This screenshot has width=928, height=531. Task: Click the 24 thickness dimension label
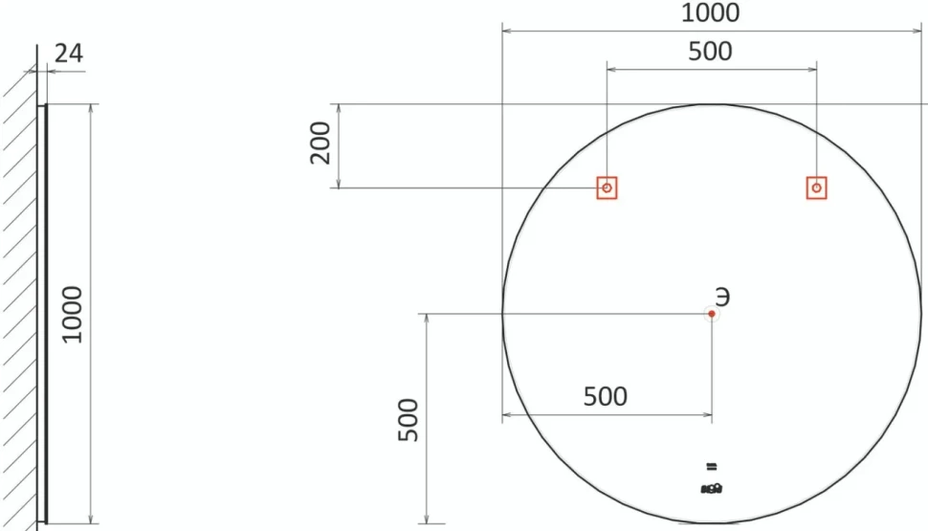[x=69, y=54]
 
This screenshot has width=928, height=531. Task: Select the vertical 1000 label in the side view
[x=72, y=315]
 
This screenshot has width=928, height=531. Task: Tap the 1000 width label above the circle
[x=710, y=12]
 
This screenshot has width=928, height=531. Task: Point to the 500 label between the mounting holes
[x=710, y=52]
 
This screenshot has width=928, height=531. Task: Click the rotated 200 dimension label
[x=320, y=143]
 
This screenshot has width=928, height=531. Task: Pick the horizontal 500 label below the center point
[x=606, y=397]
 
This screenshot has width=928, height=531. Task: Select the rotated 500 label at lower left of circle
[x=409, y=420]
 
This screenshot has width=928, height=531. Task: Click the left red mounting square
[x=607, y=188]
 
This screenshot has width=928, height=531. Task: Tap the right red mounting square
[x=817, y=188]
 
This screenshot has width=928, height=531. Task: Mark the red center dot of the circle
[x=712, y=314]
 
